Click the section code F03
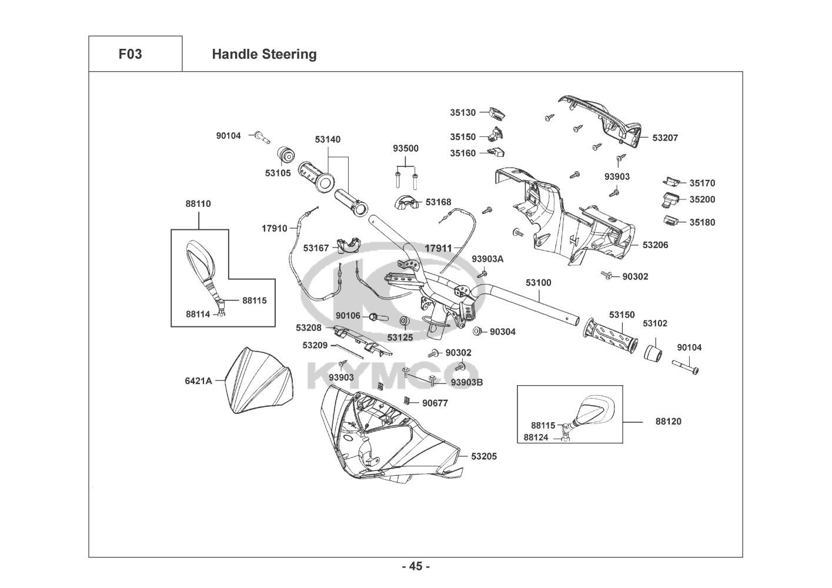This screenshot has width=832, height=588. [x=130, y=54]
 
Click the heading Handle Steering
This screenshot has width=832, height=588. [x=264, y=54]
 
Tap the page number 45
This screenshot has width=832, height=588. [x=416, y=567]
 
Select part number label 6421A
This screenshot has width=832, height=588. [x=198, y=380]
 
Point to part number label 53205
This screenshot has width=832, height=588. [x=484, y=456]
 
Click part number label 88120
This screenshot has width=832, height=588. [x=669, y=422]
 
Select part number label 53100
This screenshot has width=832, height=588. [x=539, y=283]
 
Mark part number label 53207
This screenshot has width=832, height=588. [x=665, y=138]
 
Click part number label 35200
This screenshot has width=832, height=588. [x=702, y=199]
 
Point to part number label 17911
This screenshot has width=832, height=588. [x=438, y=248]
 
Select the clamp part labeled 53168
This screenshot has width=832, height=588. [x=406, y=202]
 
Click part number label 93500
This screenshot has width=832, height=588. [x=406, y=149]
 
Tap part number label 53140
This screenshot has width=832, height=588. [x=328, y=140]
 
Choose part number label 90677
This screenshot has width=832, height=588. [x=435, y=403]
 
